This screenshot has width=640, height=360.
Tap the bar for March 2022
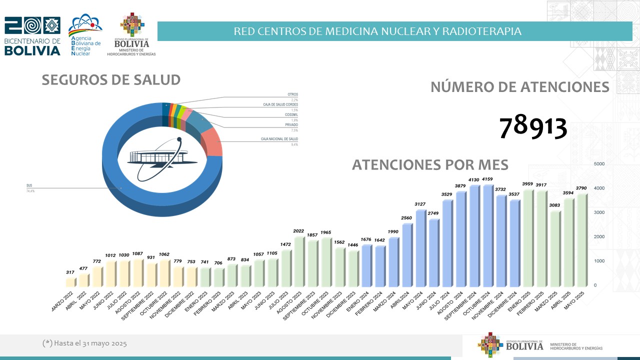tap(70, 282)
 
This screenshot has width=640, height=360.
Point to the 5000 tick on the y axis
tap(599, 164)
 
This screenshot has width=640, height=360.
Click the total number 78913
tap(533, 127)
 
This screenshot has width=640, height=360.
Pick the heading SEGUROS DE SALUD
tap(111, 80)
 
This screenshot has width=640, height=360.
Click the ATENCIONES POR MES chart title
tap(430, 164)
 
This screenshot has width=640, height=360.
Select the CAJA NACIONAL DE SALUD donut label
tap(279, 138)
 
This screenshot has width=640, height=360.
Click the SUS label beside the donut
tap(29, 185)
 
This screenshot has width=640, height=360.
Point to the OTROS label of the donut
tap(292, 94)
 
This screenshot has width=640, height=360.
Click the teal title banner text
tap(377, 31)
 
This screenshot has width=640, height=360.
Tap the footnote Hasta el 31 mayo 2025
tap(84, 343)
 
